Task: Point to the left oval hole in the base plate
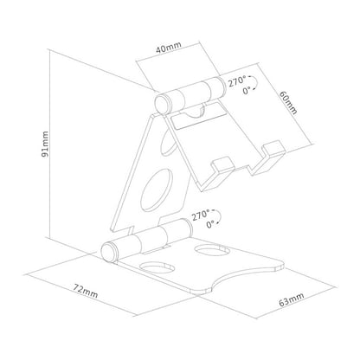pyautogui.click(x=154, y=268)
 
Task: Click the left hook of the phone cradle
pyautogui.click(x=222, y=170)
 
